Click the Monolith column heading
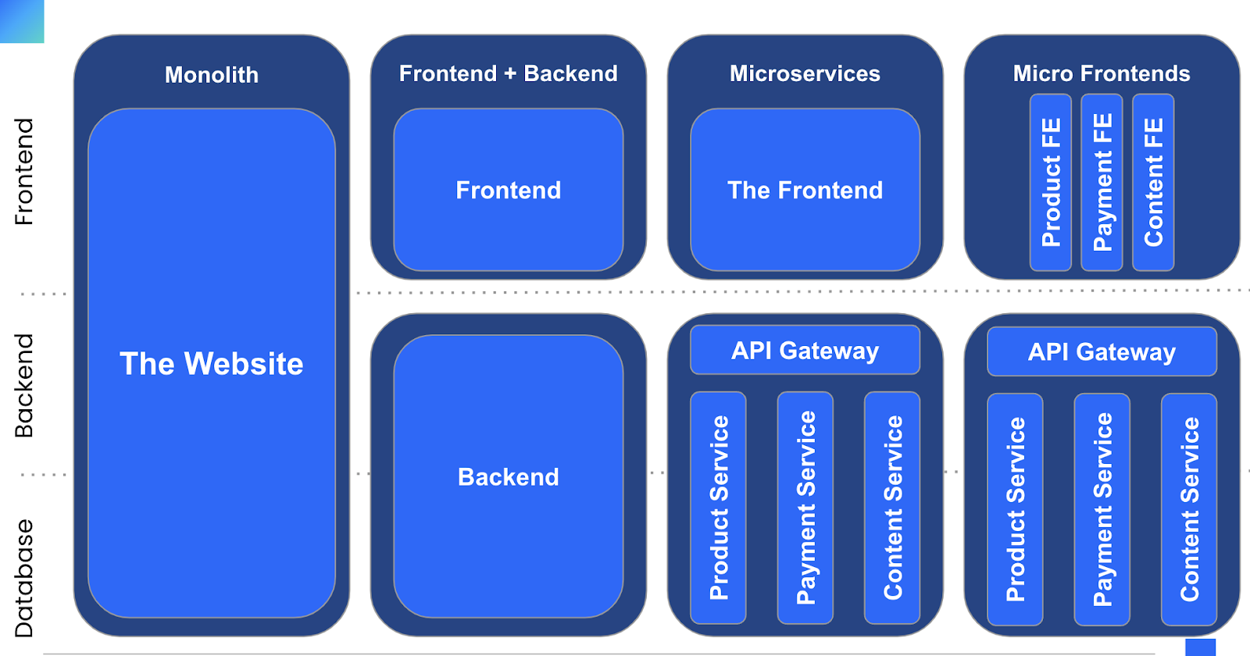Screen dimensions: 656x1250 pos(211,75)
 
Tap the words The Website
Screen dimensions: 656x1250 pos(211,364)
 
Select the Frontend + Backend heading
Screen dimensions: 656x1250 pos(508,73)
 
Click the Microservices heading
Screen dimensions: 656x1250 pos(805,73)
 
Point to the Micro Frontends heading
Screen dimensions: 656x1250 pos(1102,73)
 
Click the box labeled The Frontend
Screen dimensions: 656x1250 pos(805,190)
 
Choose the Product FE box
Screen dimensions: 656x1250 pos(1051,182)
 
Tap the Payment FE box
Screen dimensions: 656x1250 pos(1102,182)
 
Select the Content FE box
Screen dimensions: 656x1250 pos(1153,182)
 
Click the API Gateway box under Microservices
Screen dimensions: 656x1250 pos(805,351)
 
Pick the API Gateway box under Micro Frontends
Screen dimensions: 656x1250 pos(1102,352)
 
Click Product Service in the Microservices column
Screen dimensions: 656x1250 pos(719,508)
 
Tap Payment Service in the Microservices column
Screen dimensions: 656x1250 pos(805,508)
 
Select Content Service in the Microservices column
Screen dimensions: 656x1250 pos(892,508)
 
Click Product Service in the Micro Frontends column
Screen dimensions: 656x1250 pos(1015,509)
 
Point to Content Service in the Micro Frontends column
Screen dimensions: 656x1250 pos(1189,509)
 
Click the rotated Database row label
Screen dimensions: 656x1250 pos(24,578)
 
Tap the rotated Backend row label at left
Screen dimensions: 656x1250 pos(24,386)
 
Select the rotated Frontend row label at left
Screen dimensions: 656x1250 pos(24,172)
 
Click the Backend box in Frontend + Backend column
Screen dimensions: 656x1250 pos(508,476)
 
